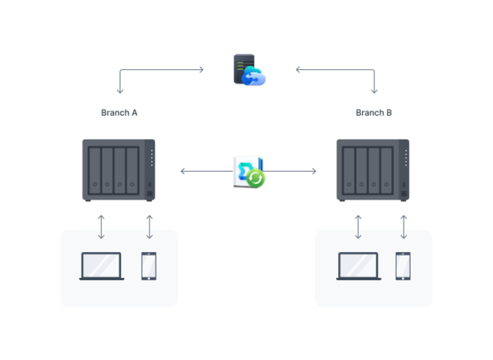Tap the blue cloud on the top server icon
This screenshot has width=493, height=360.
tap(255, 76)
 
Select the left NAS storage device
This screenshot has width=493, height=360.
tap(119, 169)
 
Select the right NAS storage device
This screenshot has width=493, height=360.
tap(373, 169)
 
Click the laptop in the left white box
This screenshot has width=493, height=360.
tap(102, 266)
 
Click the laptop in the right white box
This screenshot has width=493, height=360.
tap(358, 266)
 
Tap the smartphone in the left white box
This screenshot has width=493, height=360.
tap(149, 266)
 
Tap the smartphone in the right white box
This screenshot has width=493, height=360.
tap(403, 266)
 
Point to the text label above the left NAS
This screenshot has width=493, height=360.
tap(119, 113)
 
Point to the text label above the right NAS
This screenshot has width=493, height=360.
tap(374, 113)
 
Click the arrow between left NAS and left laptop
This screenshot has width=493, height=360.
tap(102, 227)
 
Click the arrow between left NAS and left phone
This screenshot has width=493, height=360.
tap(149, 227)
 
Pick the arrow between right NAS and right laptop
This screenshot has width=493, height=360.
tap(358, 227)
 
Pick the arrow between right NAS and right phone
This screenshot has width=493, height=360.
tap(403, 227)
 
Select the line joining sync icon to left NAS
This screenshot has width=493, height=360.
tap(206, 171)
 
